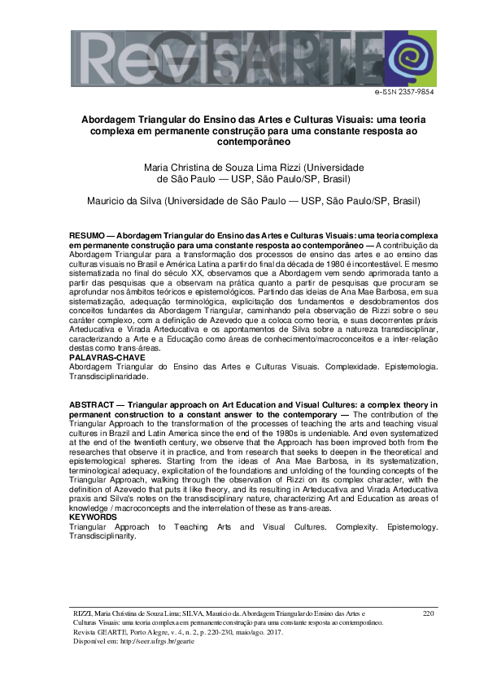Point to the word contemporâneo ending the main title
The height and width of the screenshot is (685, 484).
242,141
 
